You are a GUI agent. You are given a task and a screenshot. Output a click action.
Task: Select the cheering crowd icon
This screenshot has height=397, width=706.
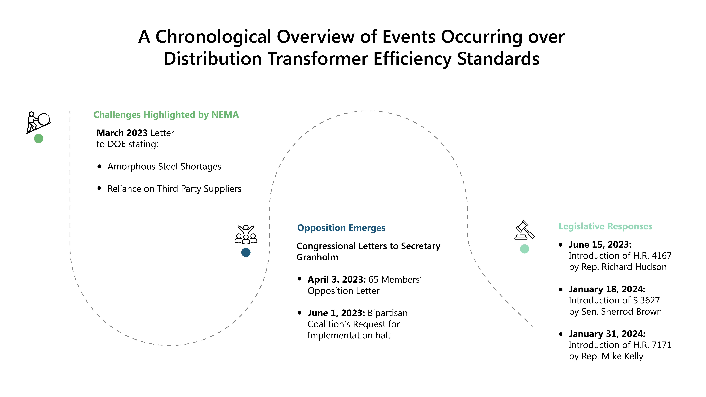(246, 234)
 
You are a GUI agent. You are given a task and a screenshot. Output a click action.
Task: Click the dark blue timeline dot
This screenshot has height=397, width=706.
(246, 252)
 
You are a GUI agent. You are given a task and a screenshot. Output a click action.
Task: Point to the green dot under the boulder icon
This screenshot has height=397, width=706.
(39, 138)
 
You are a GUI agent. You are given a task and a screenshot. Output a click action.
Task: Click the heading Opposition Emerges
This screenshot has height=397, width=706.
(341, 228)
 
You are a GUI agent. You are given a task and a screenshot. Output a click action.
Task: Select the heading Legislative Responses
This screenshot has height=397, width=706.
(605, 226)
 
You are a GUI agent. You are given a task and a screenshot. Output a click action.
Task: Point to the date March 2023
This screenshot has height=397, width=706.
(122, 133)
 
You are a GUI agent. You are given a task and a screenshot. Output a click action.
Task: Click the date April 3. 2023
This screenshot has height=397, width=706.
(337, 279)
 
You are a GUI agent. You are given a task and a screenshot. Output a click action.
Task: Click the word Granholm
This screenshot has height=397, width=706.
(317, 257)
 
